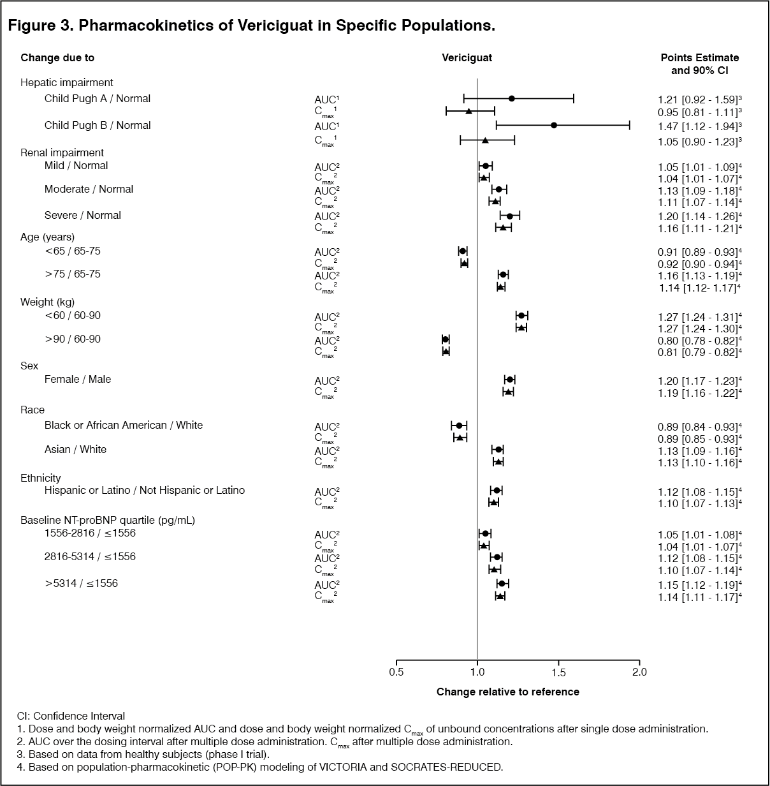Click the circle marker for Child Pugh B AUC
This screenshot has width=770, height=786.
coord(554,125)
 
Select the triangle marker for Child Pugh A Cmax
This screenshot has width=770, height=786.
coord(469,111)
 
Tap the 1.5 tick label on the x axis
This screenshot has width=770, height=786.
coord(558,672)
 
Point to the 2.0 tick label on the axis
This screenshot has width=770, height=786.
coord(639,672)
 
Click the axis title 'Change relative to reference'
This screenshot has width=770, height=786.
coord(508,692)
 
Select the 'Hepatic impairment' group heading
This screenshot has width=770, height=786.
coord(67,82)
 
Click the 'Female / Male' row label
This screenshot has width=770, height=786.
coord(78,379)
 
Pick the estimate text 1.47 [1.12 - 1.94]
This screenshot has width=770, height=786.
coord(697,126)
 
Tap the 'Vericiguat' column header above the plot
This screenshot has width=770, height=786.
coord(467,57)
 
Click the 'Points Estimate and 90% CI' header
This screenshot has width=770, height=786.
coord(700,64)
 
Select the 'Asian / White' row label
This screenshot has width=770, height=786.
coord(75,449)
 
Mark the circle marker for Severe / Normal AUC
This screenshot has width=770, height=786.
coord(510,216)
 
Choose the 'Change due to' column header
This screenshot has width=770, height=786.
coord(57,57)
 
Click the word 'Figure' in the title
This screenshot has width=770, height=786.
coord(32,26)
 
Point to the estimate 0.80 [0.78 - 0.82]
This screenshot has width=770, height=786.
coord(697,340)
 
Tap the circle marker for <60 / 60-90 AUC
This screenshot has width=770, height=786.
coord(521,316)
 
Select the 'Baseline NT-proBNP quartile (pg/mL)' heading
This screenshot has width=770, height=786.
coord(108,520)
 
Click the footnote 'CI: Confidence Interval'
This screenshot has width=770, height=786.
coord(71,716)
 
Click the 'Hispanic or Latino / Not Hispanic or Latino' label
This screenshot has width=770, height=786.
coord(145,491)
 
